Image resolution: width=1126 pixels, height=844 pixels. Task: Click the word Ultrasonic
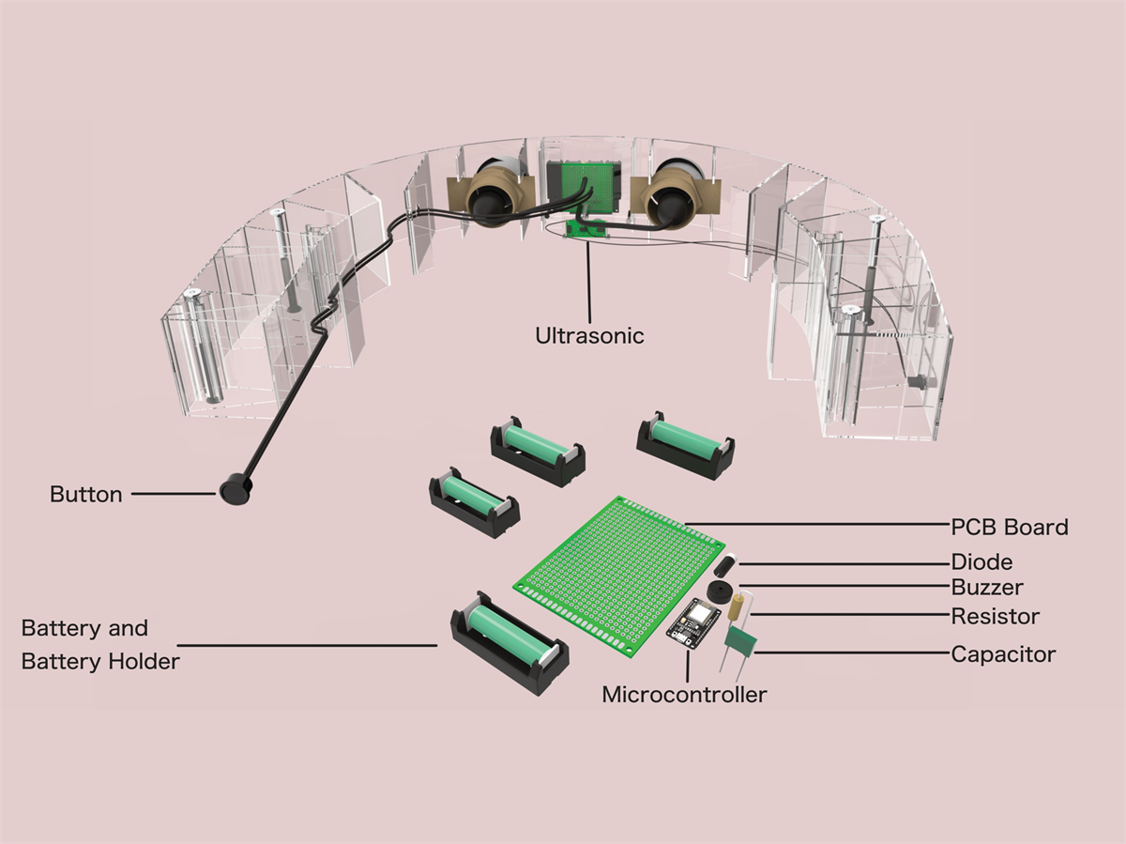pyautogui.click(x=589, y=335)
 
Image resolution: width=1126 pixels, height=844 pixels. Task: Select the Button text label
pyautogui.click(x=85, y=495)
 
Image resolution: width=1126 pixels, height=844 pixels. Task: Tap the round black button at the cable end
pyautogui.click(x=234, y=491)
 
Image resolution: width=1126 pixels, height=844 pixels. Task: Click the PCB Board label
pyautogui.click(x=1009, y=527)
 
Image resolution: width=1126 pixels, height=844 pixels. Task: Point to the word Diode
pyautogui.click(x=981, y=562)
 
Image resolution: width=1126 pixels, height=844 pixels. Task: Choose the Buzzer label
pyautogui.click(x=986, y=589)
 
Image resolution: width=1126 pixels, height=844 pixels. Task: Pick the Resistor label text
pyautogui.click(x=995, y=617)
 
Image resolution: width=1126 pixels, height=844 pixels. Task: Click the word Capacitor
pyautogui.click(x=1003, y=654)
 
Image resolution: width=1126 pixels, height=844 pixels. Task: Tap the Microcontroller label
pyautogui.click(x=684, y=696)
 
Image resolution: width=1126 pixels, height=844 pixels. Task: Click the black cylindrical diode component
pyautogui.click(x=725, y=566)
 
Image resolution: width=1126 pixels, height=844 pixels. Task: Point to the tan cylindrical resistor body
pyautogui.click(x=737, y=605)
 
